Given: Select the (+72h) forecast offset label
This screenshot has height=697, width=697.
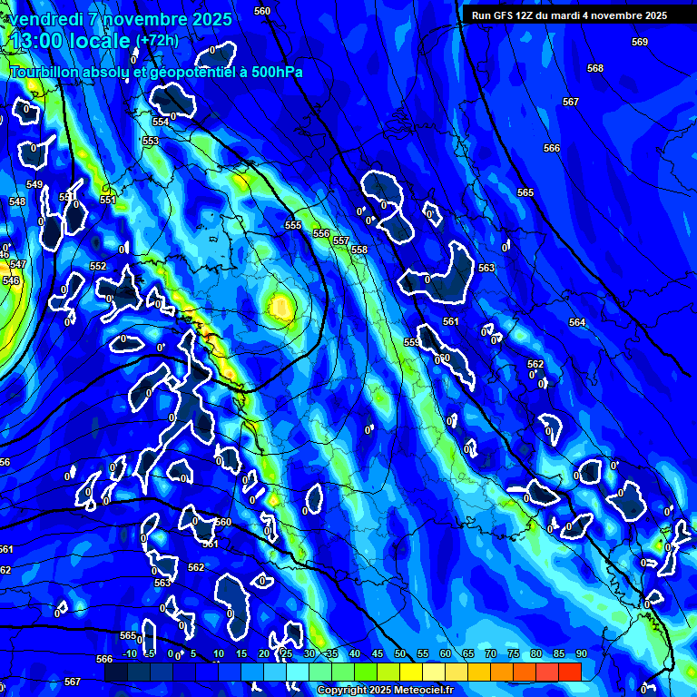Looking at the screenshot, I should pyautogui.click(x=156, y=41).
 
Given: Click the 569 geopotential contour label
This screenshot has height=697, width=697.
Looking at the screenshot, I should pyautogui.click(x=640, y=43).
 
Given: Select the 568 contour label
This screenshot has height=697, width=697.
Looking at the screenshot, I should pyautogui.click(x=595, y=69).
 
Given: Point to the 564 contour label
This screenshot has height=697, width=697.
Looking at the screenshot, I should pyautogui.click(x=577, y=323).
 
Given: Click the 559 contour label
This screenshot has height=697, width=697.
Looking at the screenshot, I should pyautogui.click(x=412, y=342).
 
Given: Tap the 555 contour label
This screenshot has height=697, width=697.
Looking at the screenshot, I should pyautogui.click(x=293, y=226).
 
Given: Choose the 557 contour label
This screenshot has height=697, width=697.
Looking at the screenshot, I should pyautogui.click(x=341, y=241).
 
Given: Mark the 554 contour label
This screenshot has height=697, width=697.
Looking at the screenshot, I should pyautogui.click(x=161, y=122).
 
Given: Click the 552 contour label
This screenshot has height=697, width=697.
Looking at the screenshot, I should pyautogui.click(x=98, y=267).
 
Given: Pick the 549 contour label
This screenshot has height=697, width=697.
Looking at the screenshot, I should pyautogui.click(x=34, y=185).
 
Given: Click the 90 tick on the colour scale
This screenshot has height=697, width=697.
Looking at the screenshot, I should pyautogui.click(x=581, y=654).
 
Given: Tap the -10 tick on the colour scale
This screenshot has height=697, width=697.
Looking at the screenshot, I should pyautogui.click(x=129, y=654).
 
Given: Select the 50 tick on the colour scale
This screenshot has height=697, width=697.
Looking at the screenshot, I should pyautogui.click(x=400, y=654).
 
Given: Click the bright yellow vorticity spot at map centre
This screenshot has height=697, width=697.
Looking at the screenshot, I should pyautogui.click(x=280, y=309).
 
